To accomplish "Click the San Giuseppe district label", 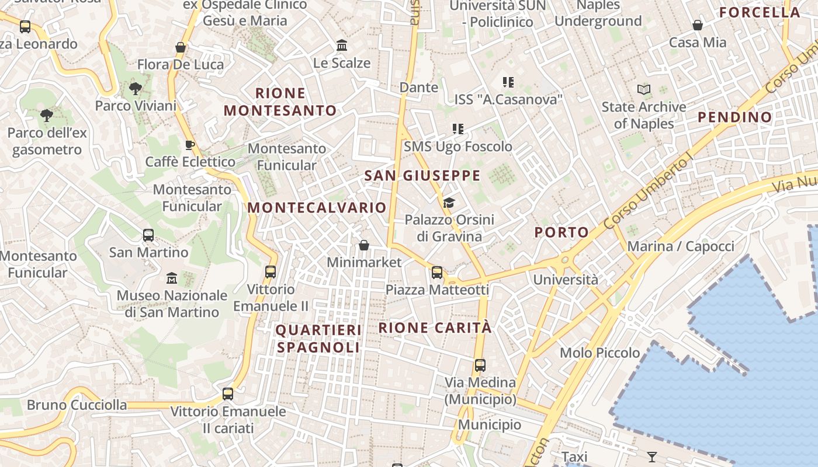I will coord(422,176).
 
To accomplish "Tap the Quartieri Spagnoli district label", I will coord(318,339).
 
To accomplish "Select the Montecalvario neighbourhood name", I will coord(317,208).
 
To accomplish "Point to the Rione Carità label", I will coord(435,328).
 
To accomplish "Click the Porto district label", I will coord(561,232).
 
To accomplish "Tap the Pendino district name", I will coord(735,117).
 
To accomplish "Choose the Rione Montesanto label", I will coord(280,102).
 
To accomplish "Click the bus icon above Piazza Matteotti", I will coord(437,273).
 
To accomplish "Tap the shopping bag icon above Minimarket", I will coord(364,245).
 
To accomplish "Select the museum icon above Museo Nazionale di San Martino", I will coord(171,278).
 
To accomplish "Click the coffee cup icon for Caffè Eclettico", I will coord(189,145).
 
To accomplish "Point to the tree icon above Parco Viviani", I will coord(135,89).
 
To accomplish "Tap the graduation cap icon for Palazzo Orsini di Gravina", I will coord(449,203).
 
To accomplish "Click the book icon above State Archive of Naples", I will coord(644,90).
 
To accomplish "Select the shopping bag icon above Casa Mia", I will coord(698,25).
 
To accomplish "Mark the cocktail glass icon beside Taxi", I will coord(652,456).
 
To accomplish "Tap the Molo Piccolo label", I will coord(599,353).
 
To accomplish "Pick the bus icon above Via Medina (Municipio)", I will coord(480,365).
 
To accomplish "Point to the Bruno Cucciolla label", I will coord(77,405).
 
